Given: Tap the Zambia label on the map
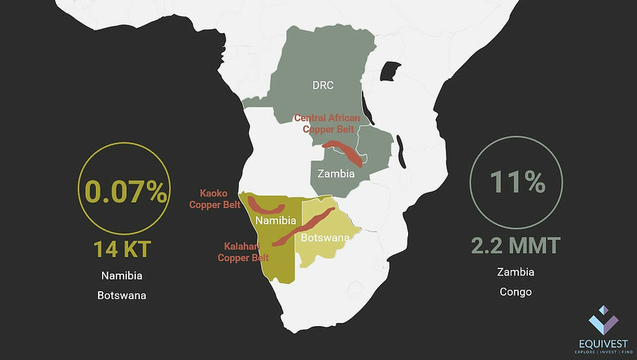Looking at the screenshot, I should tap(336, 174).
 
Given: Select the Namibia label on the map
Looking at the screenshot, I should tap(276, 221).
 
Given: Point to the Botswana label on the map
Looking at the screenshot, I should tap(325, 238).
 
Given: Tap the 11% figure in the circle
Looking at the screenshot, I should tap(517, 183).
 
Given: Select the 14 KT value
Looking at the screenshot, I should tap(123, 249).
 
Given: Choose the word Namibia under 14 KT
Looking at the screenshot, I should tap(122, 276).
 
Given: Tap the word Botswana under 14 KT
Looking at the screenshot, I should tap(122, 295).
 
